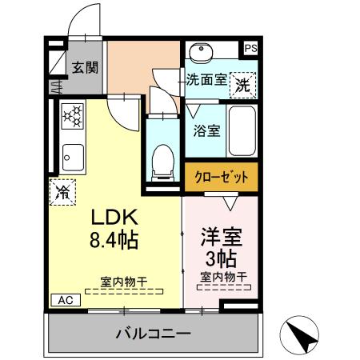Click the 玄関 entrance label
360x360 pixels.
pyautogui.click(x=85, y=67)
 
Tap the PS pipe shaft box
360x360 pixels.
pyautogui.click(x=251, y=48)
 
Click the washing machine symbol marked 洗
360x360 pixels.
pyautogui.click(x=242, y=82)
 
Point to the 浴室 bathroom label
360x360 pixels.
pyautogui.click(x=208, y=131)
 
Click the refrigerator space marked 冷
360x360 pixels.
pyautogui.click(x=62, y=191)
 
